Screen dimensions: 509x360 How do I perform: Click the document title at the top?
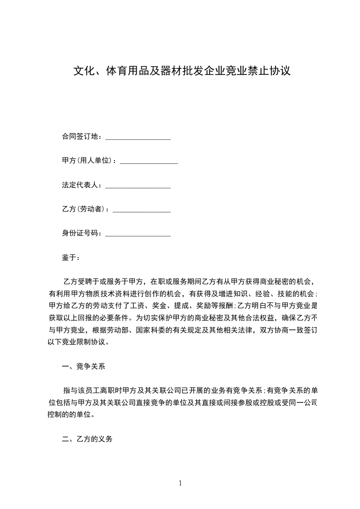point(182,71)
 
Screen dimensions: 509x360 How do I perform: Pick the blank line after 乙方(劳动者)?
point(141,210)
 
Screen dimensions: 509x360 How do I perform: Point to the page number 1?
point(180,483)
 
